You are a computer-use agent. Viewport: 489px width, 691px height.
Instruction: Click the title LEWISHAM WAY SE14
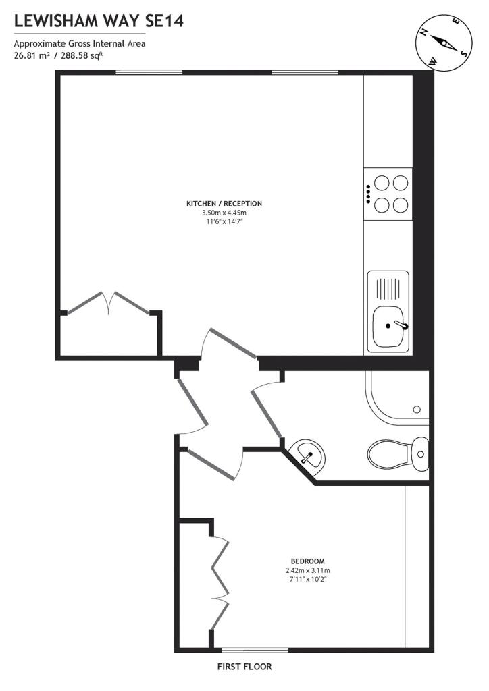[x=99, y=21]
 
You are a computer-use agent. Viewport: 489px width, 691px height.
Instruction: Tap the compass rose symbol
[x=444, y=43]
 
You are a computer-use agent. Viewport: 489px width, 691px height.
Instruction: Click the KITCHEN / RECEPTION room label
[x=224, y=204]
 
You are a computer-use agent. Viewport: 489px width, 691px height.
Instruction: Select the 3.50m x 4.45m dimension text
[x=224, y=213]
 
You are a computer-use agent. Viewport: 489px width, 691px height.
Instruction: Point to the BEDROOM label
[x=308, y=561]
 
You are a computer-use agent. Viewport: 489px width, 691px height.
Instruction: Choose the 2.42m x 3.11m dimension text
[x=308, y=570]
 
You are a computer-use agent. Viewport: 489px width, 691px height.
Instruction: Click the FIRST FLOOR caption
[x=244, y=667]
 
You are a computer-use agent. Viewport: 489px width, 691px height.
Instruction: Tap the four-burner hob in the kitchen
[x=388, y=194]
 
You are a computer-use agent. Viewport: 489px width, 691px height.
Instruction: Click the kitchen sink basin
[x=390, y=326]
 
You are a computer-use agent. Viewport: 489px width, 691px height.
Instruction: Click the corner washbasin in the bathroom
[x=309, y=454]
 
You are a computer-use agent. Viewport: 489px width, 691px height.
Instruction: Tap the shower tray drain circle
[x=417, y=410]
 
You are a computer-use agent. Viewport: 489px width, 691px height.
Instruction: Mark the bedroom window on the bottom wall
[x=255, y=650]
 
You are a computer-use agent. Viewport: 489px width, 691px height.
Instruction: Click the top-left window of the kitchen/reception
[x=149, y=72]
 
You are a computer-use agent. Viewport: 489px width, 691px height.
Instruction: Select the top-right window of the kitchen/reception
[x=305, y=72]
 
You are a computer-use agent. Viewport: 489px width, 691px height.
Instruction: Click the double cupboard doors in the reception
[x=109, y=303]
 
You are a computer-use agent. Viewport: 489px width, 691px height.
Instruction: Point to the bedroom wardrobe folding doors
[x=220, y=582]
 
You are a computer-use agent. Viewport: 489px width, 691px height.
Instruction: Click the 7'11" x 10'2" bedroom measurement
[x=308, y=578]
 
